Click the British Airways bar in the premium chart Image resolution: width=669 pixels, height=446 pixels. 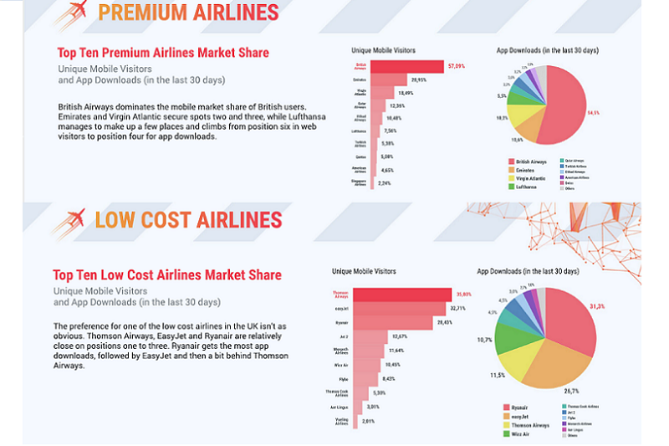406,66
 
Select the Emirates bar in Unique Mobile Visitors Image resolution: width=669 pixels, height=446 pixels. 393,80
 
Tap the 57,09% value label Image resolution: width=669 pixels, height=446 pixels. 456,66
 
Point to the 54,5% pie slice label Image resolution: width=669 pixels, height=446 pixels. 593,112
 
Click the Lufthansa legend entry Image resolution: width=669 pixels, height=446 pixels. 527,187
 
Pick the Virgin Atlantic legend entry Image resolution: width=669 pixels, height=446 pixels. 531,178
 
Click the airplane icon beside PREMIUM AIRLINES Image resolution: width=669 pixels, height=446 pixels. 72,15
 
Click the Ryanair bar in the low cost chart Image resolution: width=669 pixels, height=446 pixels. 390,322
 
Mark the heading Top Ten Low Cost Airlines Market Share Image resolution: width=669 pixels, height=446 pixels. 167,275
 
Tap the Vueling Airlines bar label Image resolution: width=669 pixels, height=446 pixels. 341,423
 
